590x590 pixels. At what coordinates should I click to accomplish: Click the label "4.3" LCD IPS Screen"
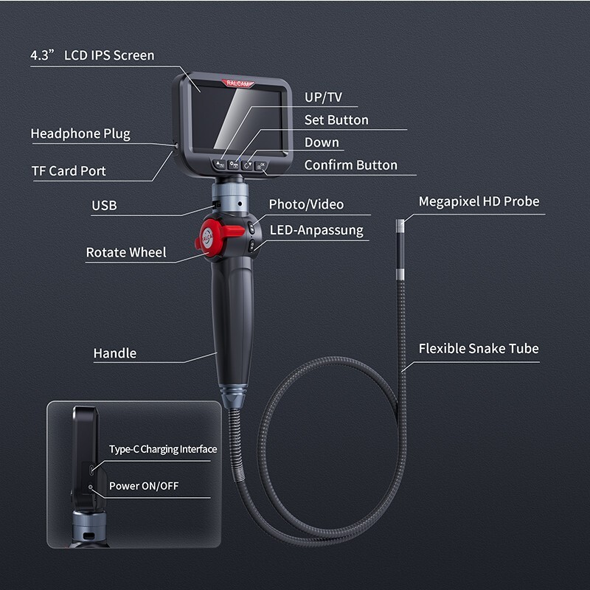(92, 55)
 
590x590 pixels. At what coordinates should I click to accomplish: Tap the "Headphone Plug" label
(80, 133)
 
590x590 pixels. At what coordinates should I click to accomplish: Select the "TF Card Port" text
(69, 171)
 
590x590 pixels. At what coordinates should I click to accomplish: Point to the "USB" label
(104, 206)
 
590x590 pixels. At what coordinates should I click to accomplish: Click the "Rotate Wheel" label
(126, 252)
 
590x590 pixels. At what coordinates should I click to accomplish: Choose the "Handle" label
(115, 353)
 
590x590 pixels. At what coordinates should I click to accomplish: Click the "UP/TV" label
(323, 97)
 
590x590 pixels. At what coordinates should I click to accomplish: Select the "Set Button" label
(336, 119)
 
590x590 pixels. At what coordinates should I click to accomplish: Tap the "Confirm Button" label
(351, 165)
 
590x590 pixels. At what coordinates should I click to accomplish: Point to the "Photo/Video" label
(306, 204)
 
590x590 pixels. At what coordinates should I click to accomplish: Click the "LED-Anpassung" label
(316, 230)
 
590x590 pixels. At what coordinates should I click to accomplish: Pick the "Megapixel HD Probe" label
(479, 201)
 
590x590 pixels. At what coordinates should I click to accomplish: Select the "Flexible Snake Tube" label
(479, 348)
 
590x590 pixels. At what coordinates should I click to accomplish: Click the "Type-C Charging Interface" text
(163, 449)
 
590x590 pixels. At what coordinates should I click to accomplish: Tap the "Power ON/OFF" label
(144, 486)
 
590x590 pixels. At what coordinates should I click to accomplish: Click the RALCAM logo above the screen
(237, 83)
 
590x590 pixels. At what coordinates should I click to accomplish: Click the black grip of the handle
(233, 317)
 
